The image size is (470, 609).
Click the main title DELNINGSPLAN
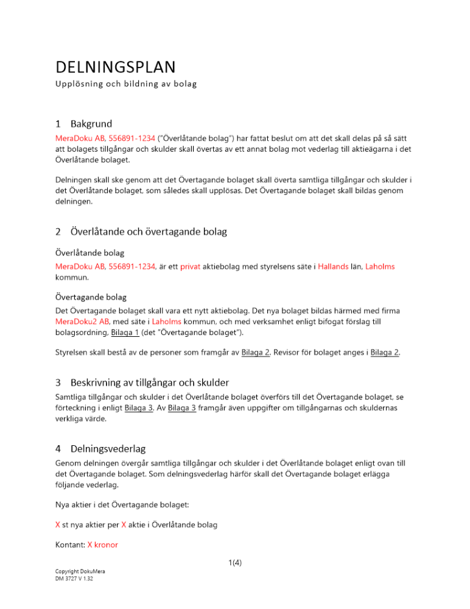click(x=115, y=66)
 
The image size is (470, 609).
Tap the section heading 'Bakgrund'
click(x=91, y=124)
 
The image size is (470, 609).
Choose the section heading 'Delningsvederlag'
click(x=108, y=449)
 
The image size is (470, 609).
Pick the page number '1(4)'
click(x=234, y=563)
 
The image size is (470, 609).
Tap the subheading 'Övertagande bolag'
click(x=91, y=297)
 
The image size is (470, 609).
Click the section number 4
click(x=58, y=449)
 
